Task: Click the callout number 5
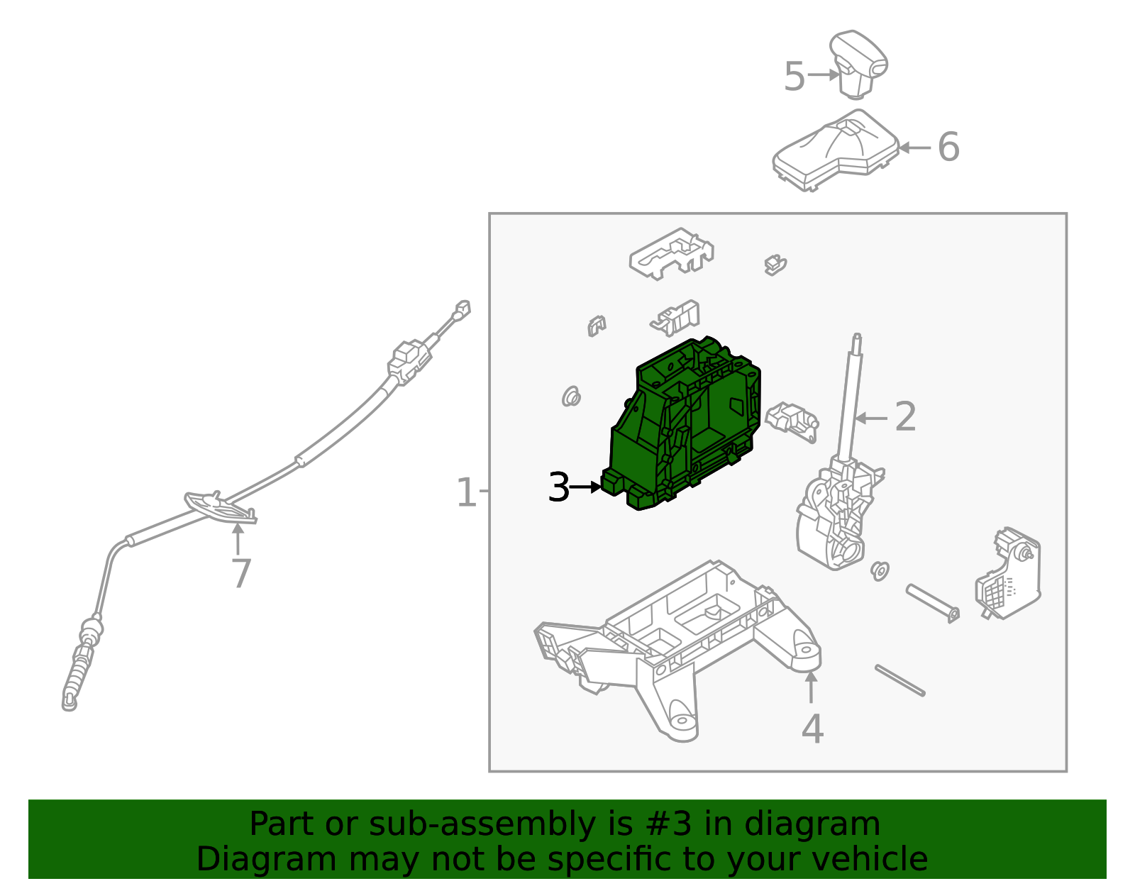(x=794, y=77)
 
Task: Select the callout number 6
(x=948, y=148)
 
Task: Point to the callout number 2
(x=905, y=417)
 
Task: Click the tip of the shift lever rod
(x=857, y=338)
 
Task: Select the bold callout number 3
(x=559, y=488)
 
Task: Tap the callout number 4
(x=812, y=729)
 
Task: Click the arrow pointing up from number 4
(x=811, y=687)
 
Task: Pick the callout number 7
(x=241, y=574)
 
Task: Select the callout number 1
(x=466, y=492)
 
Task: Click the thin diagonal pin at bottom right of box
(x=899, y=680)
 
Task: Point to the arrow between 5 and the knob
(x=823, y=74)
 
